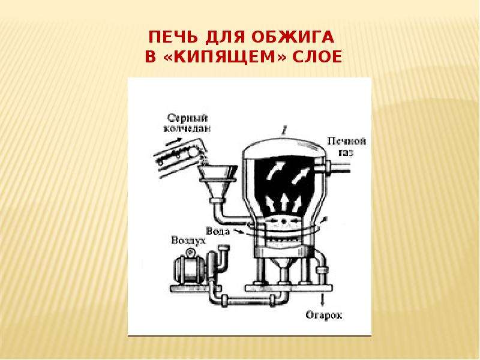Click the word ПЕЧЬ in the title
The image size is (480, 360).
pos(173,37)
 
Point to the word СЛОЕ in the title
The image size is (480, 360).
pos(317,57)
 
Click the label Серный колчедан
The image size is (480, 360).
pos(187,124)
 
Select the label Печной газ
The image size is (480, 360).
pos(347,146)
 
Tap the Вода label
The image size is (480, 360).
pos(218,231)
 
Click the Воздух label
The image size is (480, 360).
pos(188,241)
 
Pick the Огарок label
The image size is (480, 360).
pos(324,315)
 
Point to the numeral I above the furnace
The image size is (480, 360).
pos(284,131)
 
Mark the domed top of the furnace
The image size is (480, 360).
pos(284,148)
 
